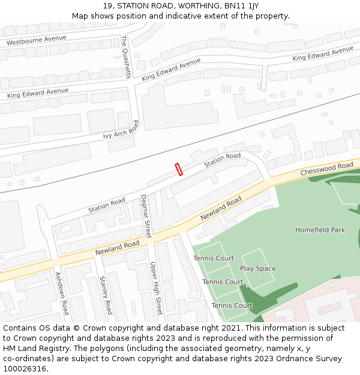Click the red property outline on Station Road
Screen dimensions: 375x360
[178, 169]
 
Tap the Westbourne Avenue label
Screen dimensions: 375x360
[36, 41]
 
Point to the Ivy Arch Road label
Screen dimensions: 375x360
[121, 130]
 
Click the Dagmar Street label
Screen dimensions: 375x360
[146, 216]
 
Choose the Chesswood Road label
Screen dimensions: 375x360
[327, 169]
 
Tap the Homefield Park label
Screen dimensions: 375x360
[320, 230]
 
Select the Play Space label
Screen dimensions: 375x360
[258, 268]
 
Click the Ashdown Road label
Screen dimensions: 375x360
[62, 293]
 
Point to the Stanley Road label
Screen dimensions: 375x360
[106, 295]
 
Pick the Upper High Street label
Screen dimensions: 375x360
[156, 289]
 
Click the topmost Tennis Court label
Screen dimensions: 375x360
[214, 259]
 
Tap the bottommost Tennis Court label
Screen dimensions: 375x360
[232, 305]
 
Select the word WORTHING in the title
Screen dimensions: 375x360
[188, 6]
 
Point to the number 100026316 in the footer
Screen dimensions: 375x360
[25, 369]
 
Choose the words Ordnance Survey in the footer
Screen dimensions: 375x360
[311, 359]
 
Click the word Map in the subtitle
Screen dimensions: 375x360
[80, 16]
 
